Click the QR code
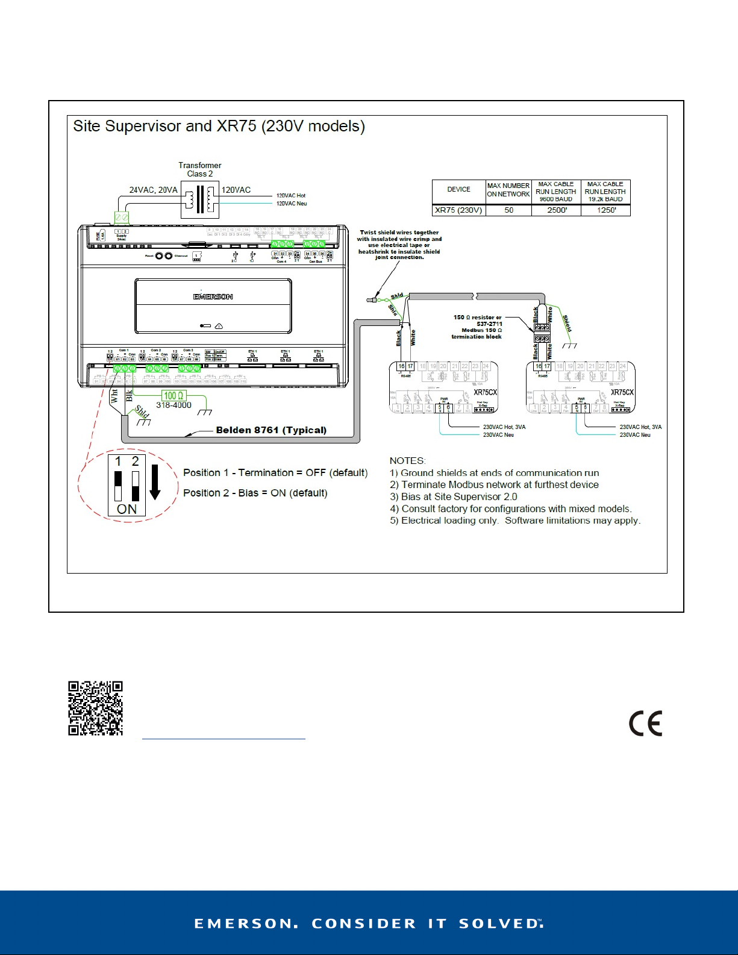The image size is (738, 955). coord(95,709)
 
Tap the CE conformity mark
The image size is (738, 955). coord(645,724)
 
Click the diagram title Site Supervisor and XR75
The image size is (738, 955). coord(219,127)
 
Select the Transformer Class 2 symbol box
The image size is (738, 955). coord(199,199)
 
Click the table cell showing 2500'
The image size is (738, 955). coord(556,210)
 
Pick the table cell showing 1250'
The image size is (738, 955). coord(605,210)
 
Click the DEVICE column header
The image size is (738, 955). coord(458,189)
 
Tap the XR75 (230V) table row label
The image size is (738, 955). coord(458,210)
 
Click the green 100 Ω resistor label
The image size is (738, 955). coord(174,396)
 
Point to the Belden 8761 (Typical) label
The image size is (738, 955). coord(271,430)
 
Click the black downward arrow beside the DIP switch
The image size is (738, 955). coord(155,481)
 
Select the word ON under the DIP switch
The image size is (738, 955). coord(127,509)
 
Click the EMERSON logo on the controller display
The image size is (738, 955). coord(213,296)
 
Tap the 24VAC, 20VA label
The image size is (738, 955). coord(153,190)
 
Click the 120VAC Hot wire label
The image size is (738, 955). coord(291,196)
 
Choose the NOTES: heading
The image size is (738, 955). coord(407,461)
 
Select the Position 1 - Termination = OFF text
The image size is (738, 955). coord(275,473)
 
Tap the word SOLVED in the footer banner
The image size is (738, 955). coord(500,924)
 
